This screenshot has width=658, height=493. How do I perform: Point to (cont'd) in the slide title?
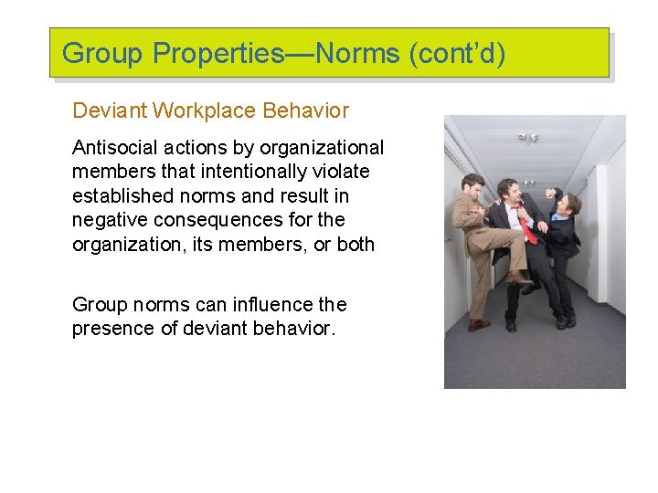[457, 54]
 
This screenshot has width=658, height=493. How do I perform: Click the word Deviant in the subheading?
[110, 111]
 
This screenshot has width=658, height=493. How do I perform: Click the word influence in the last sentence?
[260, 304]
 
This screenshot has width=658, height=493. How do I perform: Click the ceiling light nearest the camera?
[528, 138]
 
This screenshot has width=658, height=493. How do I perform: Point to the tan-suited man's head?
[474, 185]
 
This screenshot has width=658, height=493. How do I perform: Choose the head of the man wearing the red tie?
[509, 190]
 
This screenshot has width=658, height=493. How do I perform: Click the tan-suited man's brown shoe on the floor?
[479, 324]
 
